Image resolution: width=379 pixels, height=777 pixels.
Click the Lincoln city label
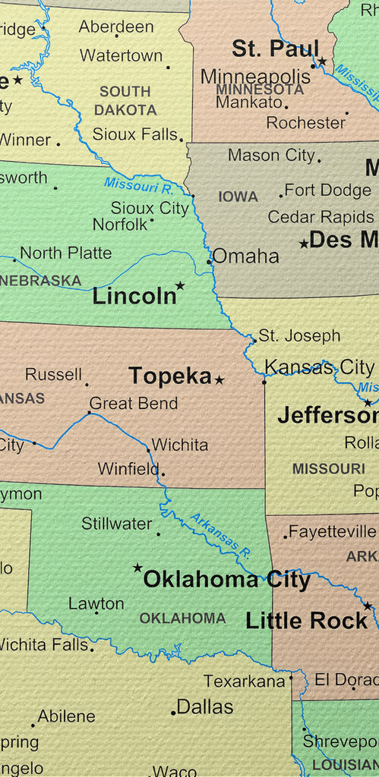pos(134,297)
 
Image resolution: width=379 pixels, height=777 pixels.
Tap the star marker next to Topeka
pos(220,379)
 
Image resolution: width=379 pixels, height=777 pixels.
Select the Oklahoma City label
pos(226,580)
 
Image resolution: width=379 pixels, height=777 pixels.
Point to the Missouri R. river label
pos(138,183)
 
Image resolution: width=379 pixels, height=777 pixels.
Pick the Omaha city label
pos(245,256)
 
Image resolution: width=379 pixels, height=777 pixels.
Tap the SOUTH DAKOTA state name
pos(125,100)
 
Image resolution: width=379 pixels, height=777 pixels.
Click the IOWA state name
pos(238,197)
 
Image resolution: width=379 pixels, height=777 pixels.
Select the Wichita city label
pos(180,445)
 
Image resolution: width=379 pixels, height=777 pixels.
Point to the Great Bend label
pos(134,404)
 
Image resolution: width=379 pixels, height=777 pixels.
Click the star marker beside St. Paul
pos(322,61)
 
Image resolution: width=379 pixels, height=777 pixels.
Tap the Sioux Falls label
pos(134,134)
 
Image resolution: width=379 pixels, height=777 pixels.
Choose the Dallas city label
pos(204,707)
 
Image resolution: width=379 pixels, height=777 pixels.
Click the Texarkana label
pos(244,681)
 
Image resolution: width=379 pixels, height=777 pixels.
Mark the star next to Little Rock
pos(368,606)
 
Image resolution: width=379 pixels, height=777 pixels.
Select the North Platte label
pos(65,253)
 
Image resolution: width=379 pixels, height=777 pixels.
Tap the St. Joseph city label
pos(299,335)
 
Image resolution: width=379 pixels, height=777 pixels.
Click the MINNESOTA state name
pos(260,89)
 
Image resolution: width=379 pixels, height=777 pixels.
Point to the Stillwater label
pos(116,523)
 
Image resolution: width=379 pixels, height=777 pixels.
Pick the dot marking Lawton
pos(96,612)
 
